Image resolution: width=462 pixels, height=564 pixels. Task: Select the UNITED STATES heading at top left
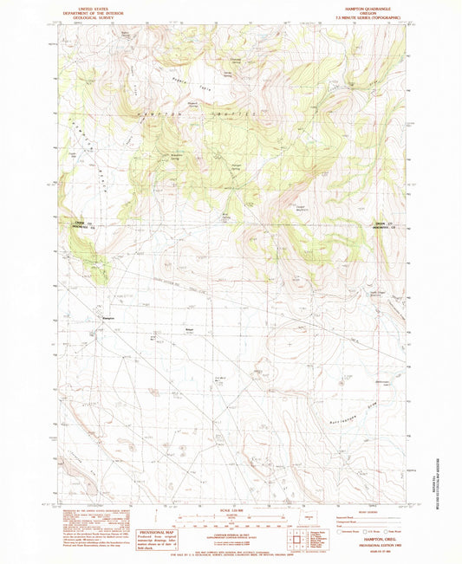pos(88,6)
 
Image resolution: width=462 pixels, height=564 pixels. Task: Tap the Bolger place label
pos(190,329)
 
